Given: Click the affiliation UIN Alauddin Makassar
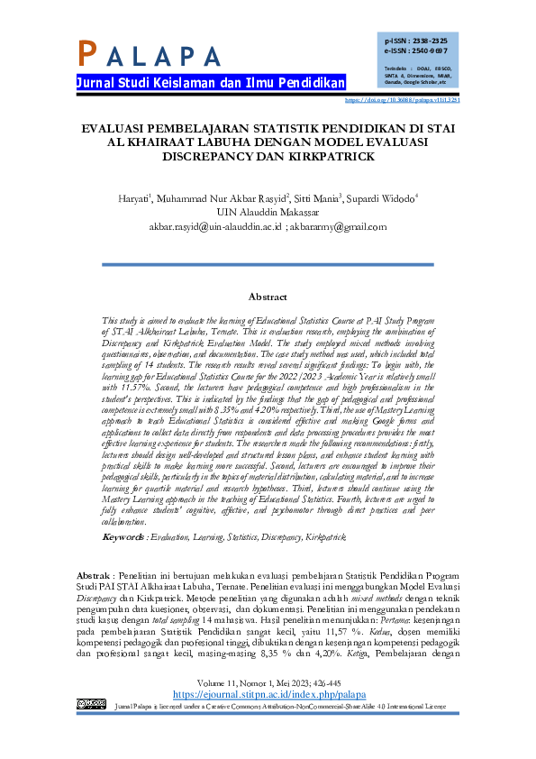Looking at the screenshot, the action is (268, 213).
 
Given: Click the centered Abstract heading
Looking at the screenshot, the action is (268, 297).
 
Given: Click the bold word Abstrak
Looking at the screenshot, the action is (94, 574).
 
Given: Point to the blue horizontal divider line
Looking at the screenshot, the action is (268, 264).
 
